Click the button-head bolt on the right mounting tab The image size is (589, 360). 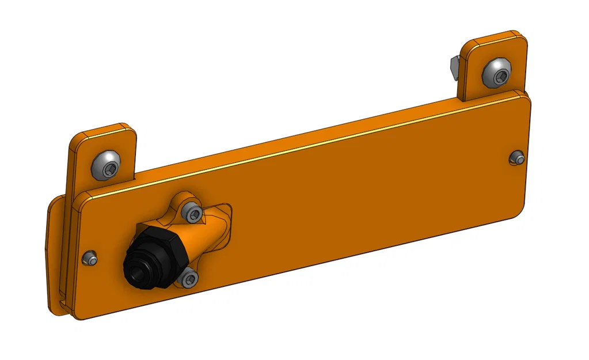coord(497,73)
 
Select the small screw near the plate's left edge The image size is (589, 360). coord(89,259)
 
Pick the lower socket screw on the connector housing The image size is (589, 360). coord(189,279)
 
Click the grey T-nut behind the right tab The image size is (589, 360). coord(453,66)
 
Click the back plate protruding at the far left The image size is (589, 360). coord(54,259)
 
